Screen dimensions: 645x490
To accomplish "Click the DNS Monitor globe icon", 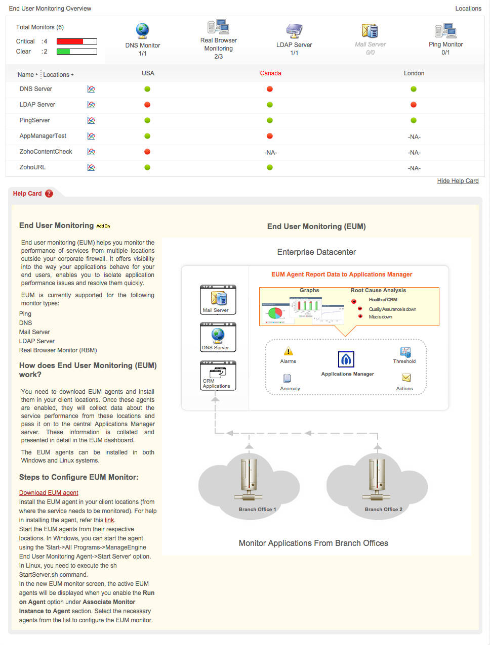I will tap(143, 31).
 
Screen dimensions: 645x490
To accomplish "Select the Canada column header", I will tap(270, 73).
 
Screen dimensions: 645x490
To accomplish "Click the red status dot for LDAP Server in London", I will tap(414, 105).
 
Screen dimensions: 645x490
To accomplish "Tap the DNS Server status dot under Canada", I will tap(270, 89).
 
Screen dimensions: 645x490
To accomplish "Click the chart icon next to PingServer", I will tap(91, 120).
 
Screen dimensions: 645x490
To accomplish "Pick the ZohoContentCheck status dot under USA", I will tap(147, 152).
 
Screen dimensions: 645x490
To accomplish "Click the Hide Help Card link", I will tap(458, 181).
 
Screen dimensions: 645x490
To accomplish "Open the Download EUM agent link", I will tap(49, 493).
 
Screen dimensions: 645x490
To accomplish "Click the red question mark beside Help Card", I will tap(49, 194).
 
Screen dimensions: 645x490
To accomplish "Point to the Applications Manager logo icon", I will tap(346, 359).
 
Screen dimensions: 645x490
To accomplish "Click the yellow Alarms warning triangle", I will tap(288, 351).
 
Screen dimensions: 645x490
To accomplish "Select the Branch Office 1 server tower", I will tap(249, 478).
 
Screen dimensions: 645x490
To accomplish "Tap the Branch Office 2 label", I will tap(383, 510).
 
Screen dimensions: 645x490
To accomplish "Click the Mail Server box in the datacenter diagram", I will tap(218, 300).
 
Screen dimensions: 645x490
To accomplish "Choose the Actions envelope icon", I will tap(406, 378).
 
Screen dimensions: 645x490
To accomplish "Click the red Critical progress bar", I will tap(70, 41).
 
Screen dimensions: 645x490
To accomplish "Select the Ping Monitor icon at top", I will tap(445, 31).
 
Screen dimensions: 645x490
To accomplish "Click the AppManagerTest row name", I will tap(43, 136).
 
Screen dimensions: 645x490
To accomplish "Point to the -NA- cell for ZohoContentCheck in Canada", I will tap(270, 153).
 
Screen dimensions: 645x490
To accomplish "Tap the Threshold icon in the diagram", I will tap(405, 352).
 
